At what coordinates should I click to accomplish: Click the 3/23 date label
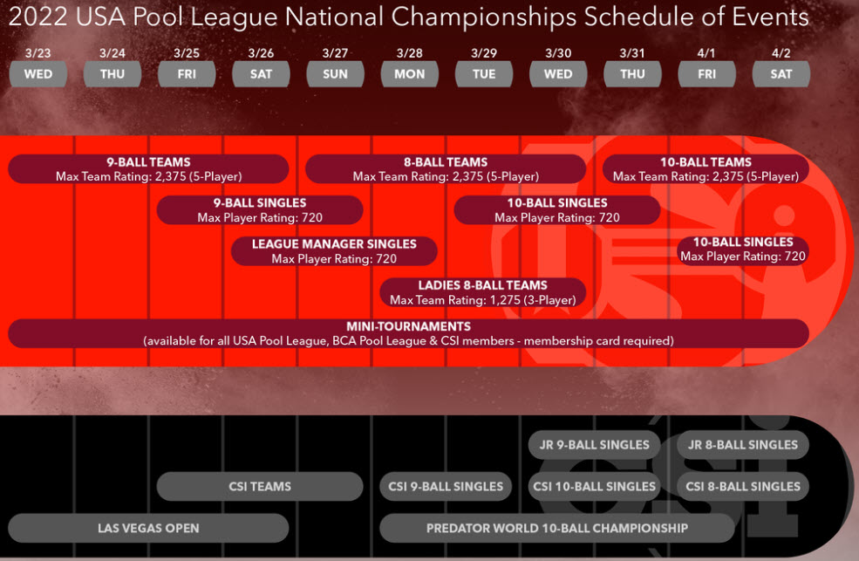click(37, 53)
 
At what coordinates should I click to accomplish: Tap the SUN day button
click(335, 74)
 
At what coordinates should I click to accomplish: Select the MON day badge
click(410, 74)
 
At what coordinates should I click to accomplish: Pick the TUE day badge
click(484, 74)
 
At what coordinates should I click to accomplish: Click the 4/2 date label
click(781, 53)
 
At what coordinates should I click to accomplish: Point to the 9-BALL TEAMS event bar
click(148, 168)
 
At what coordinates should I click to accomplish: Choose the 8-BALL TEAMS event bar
click(446, 168)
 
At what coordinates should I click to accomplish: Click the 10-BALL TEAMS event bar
click(706, 168)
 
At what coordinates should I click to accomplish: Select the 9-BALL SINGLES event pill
click(260, 209)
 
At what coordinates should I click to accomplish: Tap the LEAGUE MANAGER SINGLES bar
click(334, 251)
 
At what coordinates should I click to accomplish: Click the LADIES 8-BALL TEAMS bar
click(482, 292)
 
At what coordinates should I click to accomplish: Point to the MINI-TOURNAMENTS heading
click(409, 326)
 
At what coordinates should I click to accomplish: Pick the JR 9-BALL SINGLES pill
click(595, 445)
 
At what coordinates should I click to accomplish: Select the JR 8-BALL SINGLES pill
click(743, 445)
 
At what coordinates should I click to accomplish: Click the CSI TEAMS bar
click(260, 487)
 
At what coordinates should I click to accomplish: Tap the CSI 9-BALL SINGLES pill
click(446, 487)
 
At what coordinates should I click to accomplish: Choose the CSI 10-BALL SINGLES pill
click(595, 487)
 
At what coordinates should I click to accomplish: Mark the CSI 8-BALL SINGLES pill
click(743, 487)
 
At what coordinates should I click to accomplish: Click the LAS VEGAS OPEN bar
click(148, 528)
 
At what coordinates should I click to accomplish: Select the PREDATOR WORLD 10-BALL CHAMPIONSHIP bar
click(557, 528)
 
